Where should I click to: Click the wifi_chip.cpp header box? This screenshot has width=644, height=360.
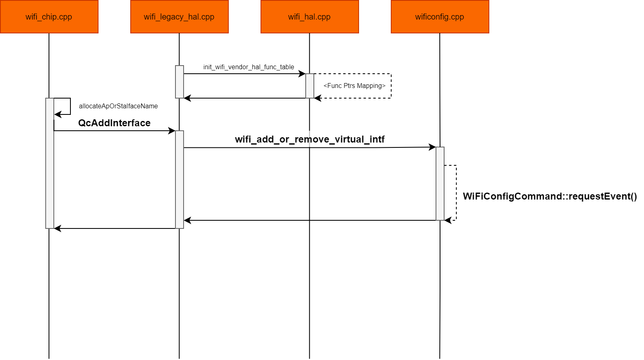(x=49, y=17)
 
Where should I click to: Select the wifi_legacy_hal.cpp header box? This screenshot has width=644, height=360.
(x=179, y=17)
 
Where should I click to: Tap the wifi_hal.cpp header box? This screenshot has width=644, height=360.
(x=309, y=17)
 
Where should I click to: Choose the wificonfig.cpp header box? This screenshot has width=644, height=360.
(x=440, y=17)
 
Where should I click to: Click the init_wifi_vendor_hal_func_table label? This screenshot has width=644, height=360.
(x=248, y=67)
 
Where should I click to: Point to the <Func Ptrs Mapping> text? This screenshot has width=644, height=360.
(x=354, y=86)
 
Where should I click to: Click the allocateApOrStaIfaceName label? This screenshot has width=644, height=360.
(x=118, y=106)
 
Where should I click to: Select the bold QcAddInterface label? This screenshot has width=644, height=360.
(x=114, y=123)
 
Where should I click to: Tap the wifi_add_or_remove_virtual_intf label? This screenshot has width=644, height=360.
(x=309, y=139)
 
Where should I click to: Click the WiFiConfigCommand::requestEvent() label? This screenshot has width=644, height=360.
(x=550, y=196)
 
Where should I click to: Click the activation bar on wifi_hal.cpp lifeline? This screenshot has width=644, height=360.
(x=310, y=86)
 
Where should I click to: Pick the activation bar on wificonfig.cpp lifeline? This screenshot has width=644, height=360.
(x=440, y=183)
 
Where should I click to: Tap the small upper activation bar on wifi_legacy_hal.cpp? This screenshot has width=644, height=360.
(x=180, y=81)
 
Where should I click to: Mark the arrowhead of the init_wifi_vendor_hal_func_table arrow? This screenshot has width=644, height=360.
(x=302, y=74)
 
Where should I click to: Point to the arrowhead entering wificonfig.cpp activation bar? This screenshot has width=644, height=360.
(x=433, y=147)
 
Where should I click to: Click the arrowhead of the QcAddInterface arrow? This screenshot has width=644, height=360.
(x=172, y=131)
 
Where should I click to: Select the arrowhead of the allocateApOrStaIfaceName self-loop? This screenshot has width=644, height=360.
(x=57, y=114)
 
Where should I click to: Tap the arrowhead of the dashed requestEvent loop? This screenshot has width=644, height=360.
(x=447, y=220)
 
